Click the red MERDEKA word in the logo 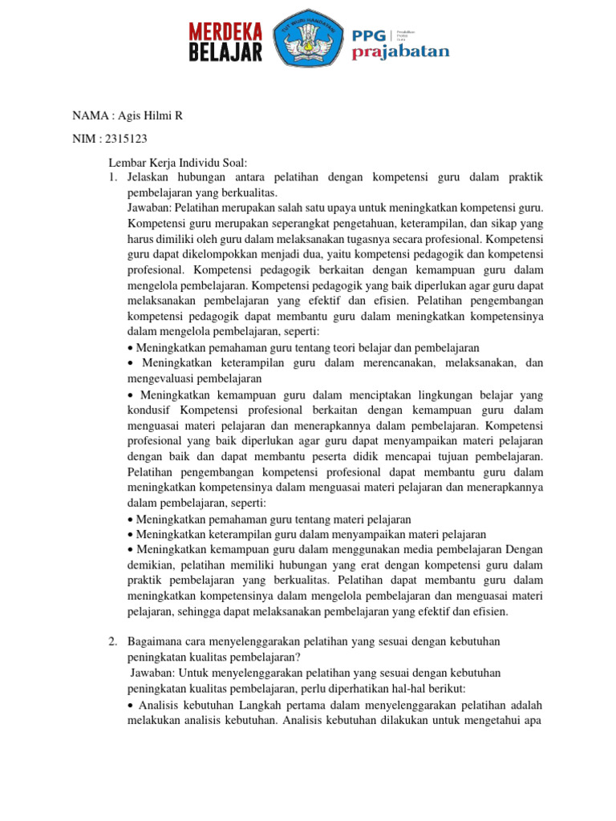pos(225,31)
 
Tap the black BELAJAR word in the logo pos(225,52)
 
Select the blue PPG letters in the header pos(368,34)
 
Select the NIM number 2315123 pos(125,139)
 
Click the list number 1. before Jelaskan pos(113,179)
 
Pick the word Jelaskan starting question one pos(149,179)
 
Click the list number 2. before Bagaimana pos(113,642)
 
